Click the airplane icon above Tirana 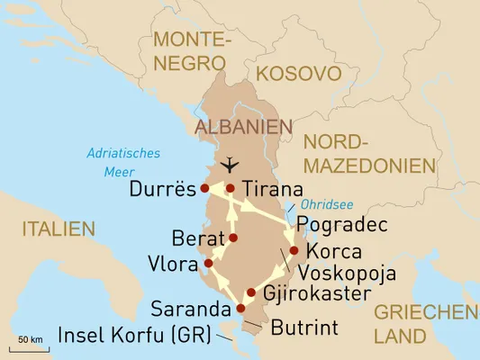231,165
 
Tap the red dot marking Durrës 205,188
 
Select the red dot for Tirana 231,188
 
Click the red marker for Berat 233,238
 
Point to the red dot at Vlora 208,263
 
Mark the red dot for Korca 294,251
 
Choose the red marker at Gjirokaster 251,292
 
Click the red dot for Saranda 240,309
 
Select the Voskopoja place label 348,273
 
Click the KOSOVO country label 298,74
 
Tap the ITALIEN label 59,229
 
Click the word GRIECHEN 425,312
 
